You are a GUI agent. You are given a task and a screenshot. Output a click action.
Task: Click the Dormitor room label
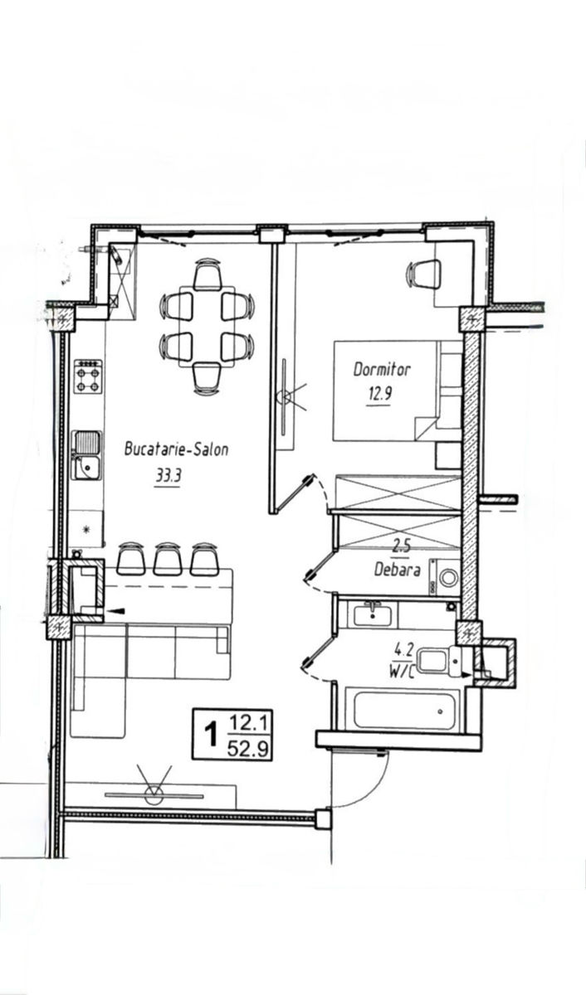coord(382,370)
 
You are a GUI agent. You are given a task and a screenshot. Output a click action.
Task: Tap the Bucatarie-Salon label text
coord(177,449)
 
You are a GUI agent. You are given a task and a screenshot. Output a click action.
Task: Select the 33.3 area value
coord(168,477)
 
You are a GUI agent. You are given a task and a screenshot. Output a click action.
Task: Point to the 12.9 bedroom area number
coord(378,394)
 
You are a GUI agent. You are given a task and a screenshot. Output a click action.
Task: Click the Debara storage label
coord(397,570)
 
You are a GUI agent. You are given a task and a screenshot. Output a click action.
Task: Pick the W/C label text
coord(401,672)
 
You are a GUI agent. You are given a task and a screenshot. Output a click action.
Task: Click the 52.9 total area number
coord(247,750)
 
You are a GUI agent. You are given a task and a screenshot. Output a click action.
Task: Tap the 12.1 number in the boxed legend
coord(247,725)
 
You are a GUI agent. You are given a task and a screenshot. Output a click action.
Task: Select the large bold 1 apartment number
coord(211,735)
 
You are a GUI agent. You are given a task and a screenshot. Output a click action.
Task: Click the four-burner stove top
coord(88,376)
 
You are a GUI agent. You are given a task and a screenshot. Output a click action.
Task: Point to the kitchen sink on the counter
coord(86,455)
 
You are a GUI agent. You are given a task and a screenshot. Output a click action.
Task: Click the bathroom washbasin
coord(373,615)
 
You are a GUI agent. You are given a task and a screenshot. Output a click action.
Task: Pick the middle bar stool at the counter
coord(168,559)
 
